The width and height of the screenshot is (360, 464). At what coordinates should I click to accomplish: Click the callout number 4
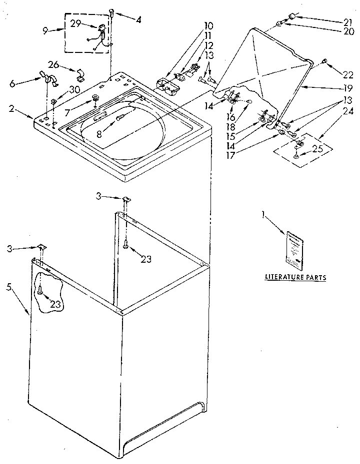pyautogui.click(x=138, y=20)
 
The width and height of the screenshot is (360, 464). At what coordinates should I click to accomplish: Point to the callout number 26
pyautogui.click(x=53, y=64)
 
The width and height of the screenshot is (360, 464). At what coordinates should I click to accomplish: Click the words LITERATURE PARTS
pyautogui.click(x=295, y=276)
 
